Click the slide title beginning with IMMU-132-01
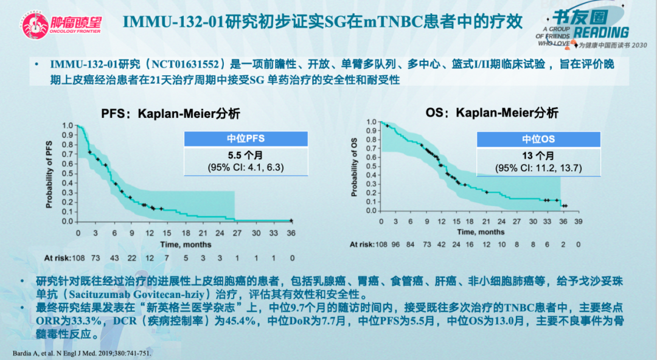point(322,22)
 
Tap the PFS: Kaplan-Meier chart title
point(170,113)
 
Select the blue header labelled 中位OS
point(539,139)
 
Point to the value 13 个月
point(539,156)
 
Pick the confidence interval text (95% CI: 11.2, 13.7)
point(539,167)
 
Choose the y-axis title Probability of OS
point(354,167)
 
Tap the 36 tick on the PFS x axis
point(292,233)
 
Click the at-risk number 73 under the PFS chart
point(96,258)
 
